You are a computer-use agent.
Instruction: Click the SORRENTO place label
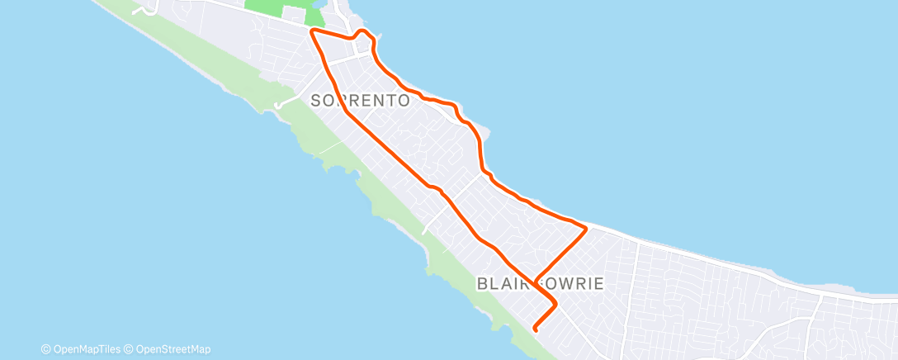coord(361,101)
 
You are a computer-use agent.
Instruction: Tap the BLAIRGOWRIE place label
coord(541,283)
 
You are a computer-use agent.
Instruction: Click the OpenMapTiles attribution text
coord(83,349)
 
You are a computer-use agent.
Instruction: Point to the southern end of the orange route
coord(536,329)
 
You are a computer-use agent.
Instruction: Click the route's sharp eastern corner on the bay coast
coord(586,226)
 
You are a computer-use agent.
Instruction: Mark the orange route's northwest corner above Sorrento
coord(312,31)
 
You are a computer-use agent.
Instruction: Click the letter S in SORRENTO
coord(316,101)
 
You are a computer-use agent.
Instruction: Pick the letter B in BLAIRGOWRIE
coord(483,283)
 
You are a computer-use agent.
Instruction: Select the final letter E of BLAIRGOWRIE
coord(599,283)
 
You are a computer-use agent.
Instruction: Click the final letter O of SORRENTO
coord(404,101)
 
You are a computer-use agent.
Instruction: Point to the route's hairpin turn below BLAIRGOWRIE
coord(555,305)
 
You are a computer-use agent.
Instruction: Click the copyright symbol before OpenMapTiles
coord(46,349)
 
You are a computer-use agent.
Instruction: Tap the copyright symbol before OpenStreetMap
coord(130,349)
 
